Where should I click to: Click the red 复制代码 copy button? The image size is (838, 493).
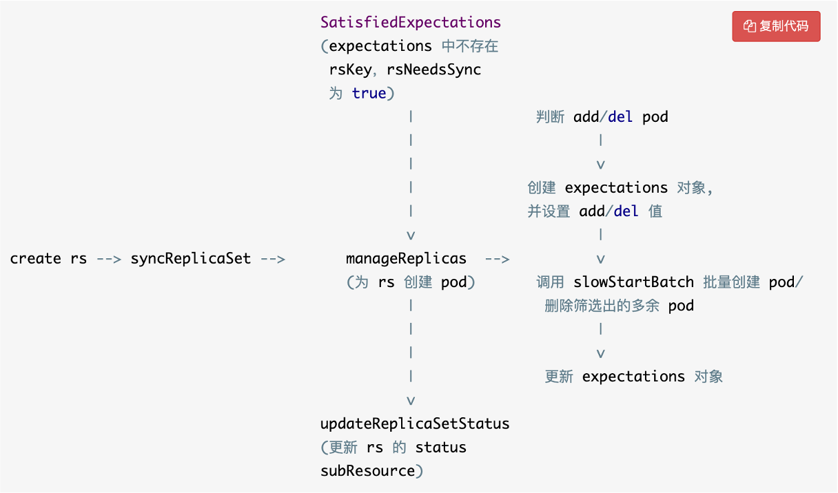click(776, 26)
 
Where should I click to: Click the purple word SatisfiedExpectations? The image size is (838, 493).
click(411, 22)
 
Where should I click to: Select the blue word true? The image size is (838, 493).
click(369, 93)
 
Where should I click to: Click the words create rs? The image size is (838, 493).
click(48, 259)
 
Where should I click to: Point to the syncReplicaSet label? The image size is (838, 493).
click(190, 259)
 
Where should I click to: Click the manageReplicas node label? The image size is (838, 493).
click(406, 259)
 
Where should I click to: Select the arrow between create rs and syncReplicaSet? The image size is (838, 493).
click(109, 259)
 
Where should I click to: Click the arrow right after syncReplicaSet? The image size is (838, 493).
click(272, 259)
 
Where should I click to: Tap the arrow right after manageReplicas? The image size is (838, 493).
click(497, 259)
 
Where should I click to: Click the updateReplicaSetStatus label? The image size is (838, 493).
click(415, 423)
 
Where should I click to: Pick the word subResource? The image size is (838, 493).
click(367, 471)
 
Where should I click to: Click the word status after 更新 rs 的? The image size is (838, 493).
click(440, 448)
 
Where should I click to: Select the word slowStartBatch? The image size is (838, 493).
click(634, 282)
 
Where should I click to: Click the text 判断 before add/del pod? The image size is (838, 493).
click(550, 117)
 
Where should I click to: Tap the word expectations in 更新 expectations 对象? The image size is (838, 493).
click(633, 377)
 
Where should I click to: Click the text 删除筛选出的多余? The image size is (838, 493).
click(602, 306)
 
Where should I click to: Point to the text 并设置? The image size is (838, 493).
click(549, 211)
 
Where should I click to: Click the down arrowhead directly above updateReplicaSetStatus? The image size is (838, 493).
click(411, 401)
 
